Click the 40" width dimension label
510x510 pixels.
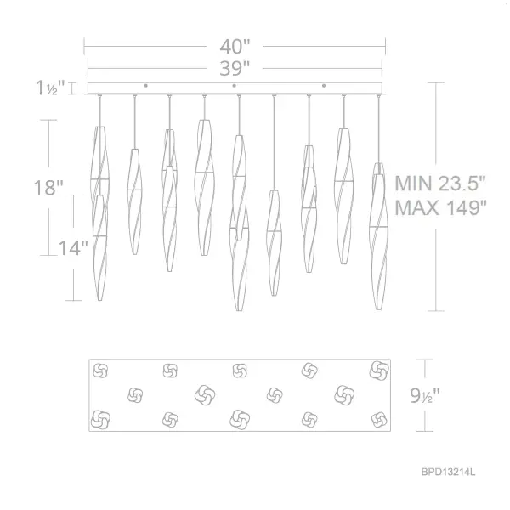pyautogui.click(x=235, y=47)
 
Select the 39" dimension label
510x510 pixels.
pyautogui.click(x=235, y=68)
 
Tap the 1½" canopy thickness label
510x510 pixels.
pyautogui.click(x=50, y=88)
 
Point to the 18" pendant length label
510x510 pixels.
pyautogui.click(x=48, y=188)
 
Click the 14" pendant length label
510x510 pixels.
pyautogui.click(x=73, y=248)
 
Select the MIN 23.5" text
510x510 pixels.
pyautogui.click(x=440, y=184)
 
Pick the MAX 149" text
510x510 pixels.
pyautogui.click(x=441, y=207)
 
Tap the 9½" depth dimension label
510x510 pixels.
pyautogui.click(x=425, y=396)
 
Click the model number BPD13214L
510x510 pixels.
pyautogui.click(x=448, y=472)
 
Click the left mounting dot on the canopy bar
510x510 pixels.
pyautogui.click(x=145, y=86)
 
